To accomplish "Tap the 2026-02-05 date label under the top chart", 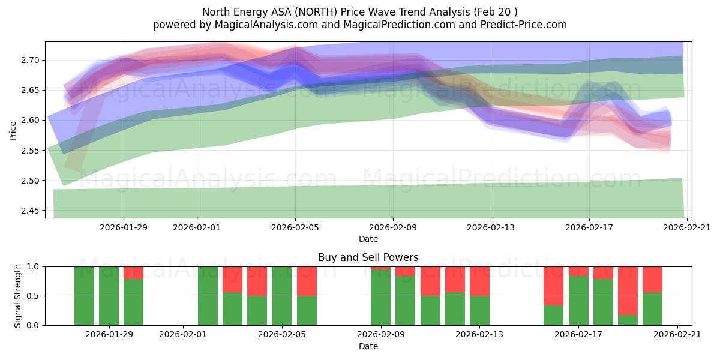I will [x=295, y=227].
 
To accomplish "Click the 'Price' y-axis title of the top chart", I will [x=13, y=130].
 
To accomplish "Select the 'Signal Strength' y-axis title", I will [x=18, y=296].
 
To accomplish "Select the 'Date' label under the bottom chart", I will [x=368, y=346].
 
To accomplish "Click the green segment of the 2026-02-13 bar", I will [x=479, y=310].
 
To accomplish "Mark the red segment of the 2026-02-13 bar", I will [x=479, y=281].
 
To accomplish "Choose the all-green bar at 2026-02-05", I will [x=282, y=296].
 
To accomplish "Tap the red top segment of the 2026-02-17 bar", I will [x=578, y=271].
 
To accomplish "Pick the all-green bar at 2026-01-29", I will [x=109, y=296].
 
